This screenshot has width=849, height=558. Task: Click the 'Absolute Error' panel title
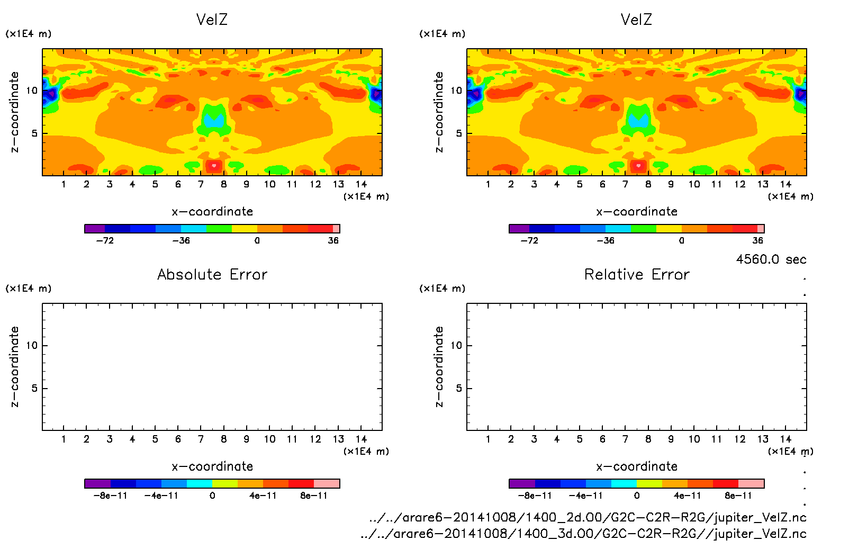coord(212,274)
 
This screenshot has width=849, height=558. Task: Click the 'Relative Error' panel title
coord(637,274)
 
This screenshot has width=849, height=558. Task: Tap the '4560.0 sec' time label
coord(771,259)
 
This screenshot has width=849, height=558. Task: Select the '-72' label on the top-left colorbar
coord(105,240)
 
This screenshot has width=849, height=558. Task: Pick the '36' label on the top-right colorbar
coord(758,240)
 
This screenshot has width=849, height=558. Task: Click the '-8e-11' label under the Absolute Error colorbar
coord(110,496)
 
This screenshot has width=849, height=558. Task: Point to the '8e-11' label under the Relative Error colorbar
coord(738,496)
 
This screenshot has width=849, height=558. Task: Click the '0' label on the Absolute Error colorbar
coord(212,496)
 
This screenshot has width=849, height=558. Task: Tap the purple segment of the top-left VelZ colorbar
coord(95,229)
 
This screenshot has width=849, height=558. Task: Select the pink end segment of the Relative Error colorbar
coord(751,483)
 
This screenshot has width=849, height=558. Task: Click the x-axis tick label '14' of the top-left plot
coord(361,184)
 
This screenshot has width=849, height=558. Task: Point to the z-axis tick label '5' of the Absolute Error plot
coord(34,388)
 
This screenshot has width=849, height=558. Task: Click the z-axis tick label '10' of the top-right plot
coord(456,91)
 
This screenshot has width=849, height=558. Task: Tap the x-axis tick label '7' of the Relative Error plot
coord(625,439)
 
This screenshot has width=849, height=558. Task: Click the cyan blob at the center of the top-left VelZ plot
coord(214,121)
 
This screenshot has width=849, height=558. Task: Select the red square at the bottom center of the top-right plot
coord(638,166)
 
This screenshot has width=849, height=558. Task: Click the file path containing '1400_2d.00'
coord(588,517)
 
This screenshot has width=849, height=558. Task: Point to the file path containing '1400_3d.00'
coord(583,534)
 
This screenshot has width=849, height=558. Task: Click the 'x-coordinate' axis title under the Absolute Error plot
coord(212,466)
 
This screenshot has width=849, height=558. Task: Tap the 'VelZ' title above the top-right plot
coord(636,20)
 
